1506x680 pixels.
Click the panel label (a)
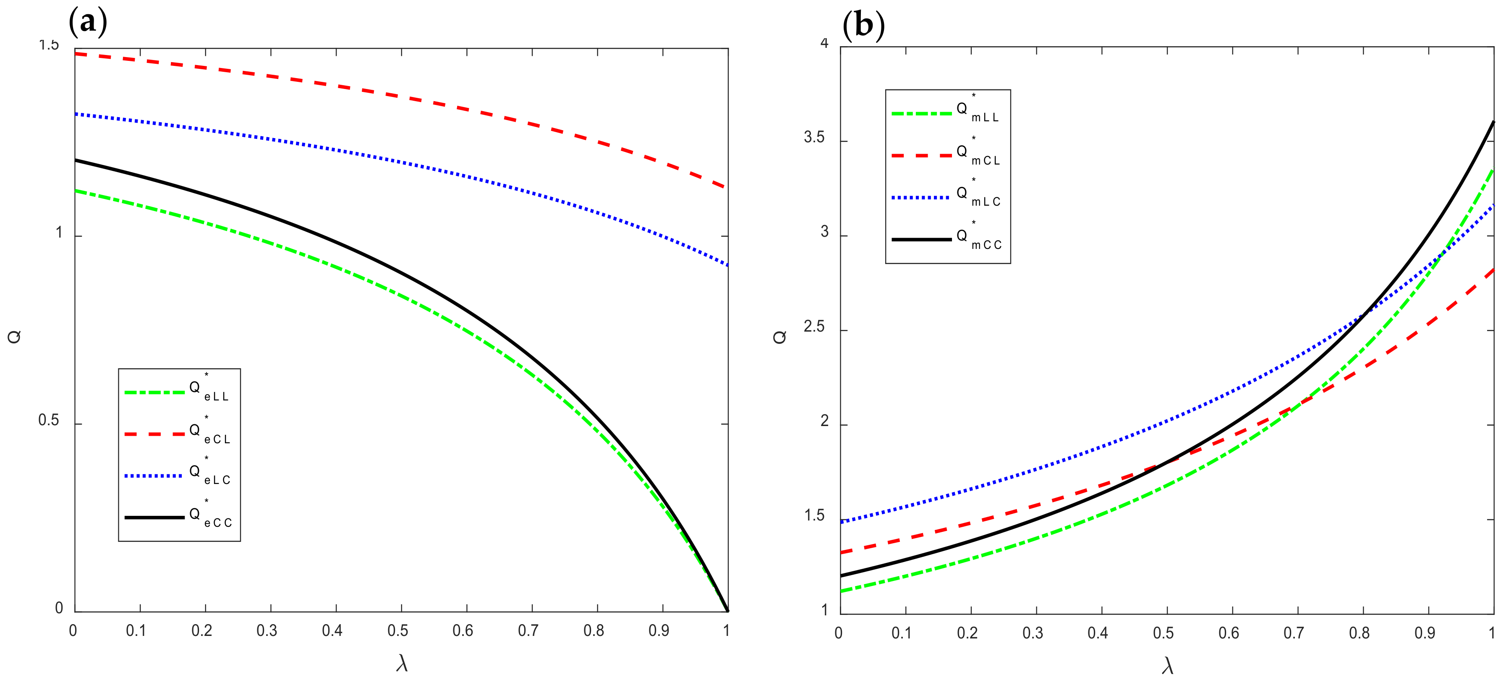click(88, 23)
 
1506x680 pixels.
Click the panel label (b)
click(863, 25)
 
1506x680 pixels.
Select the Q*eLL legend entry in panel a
click(178, 390)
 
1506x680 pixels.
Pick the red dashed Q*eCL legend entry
click(178, 433)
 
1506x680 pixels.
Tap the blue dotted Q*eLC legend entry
click(178, 474)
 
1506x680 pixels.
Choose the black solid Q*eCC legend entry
click(178, 516)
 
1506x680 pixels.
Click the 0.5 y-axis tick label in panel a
click(49, 421)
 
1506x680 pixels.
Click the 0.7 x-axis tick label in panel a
click(528, 631)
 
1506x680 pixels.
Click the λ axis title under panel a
click(402, 664)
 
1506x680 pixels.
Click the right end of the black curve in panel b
click(1493, 122)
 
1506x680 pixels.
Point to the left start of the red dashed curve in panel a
click(76, 54)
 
